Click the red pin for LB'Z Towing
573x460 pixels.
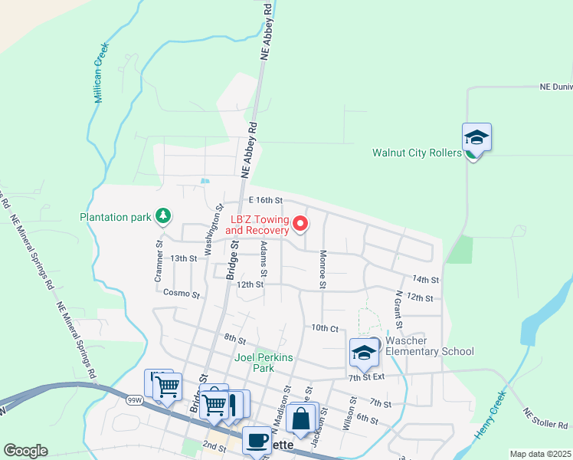[300, 224]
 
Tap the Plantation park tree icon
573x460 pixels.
[162, 217]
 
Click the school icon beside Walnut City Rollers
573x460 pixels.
[476, 139]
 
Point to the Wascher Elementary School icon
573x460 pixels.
[364, 353]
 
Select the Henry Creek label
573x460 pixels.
[490, 415]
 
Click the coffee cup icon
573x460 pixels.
[257, 440]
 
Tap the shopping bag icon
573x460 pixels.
[301, 419]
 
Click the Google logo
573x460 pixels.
[25, 451]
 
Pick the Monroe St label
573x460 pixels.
[323, 269]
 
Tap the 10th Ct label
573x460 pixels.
[324, 327]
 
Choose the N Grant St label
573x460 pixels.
[399, 306]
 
